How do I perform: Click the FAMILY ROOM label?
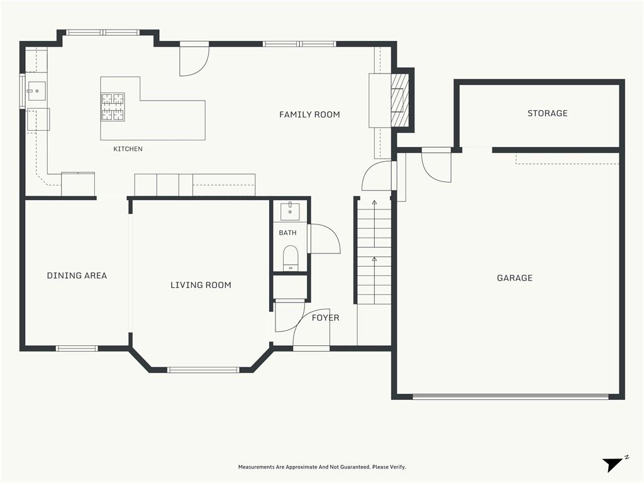309,114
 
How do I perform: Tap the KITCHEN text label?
128,148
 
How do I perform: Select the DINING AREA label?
77,275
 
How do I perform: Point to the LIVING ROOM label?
201,285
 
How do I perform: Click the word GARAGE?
514,278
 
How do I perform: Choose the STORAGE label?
548,113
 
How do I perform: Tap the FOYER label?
325,318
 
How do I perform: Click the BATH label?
287,233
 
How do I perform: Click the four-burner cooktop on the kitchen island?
113,107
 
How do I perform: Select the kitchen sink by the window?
36,91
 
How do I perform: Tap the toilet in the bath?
291,258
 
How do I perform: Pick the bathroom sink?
290,211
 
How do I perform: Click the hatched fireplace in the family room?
399,100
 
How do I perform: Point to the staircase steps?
374,252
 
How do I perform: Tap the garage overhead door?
511,396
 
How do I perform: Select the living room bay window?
203,370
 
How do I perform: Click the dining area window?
77,348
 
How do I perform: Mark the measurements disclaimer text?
322,467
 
